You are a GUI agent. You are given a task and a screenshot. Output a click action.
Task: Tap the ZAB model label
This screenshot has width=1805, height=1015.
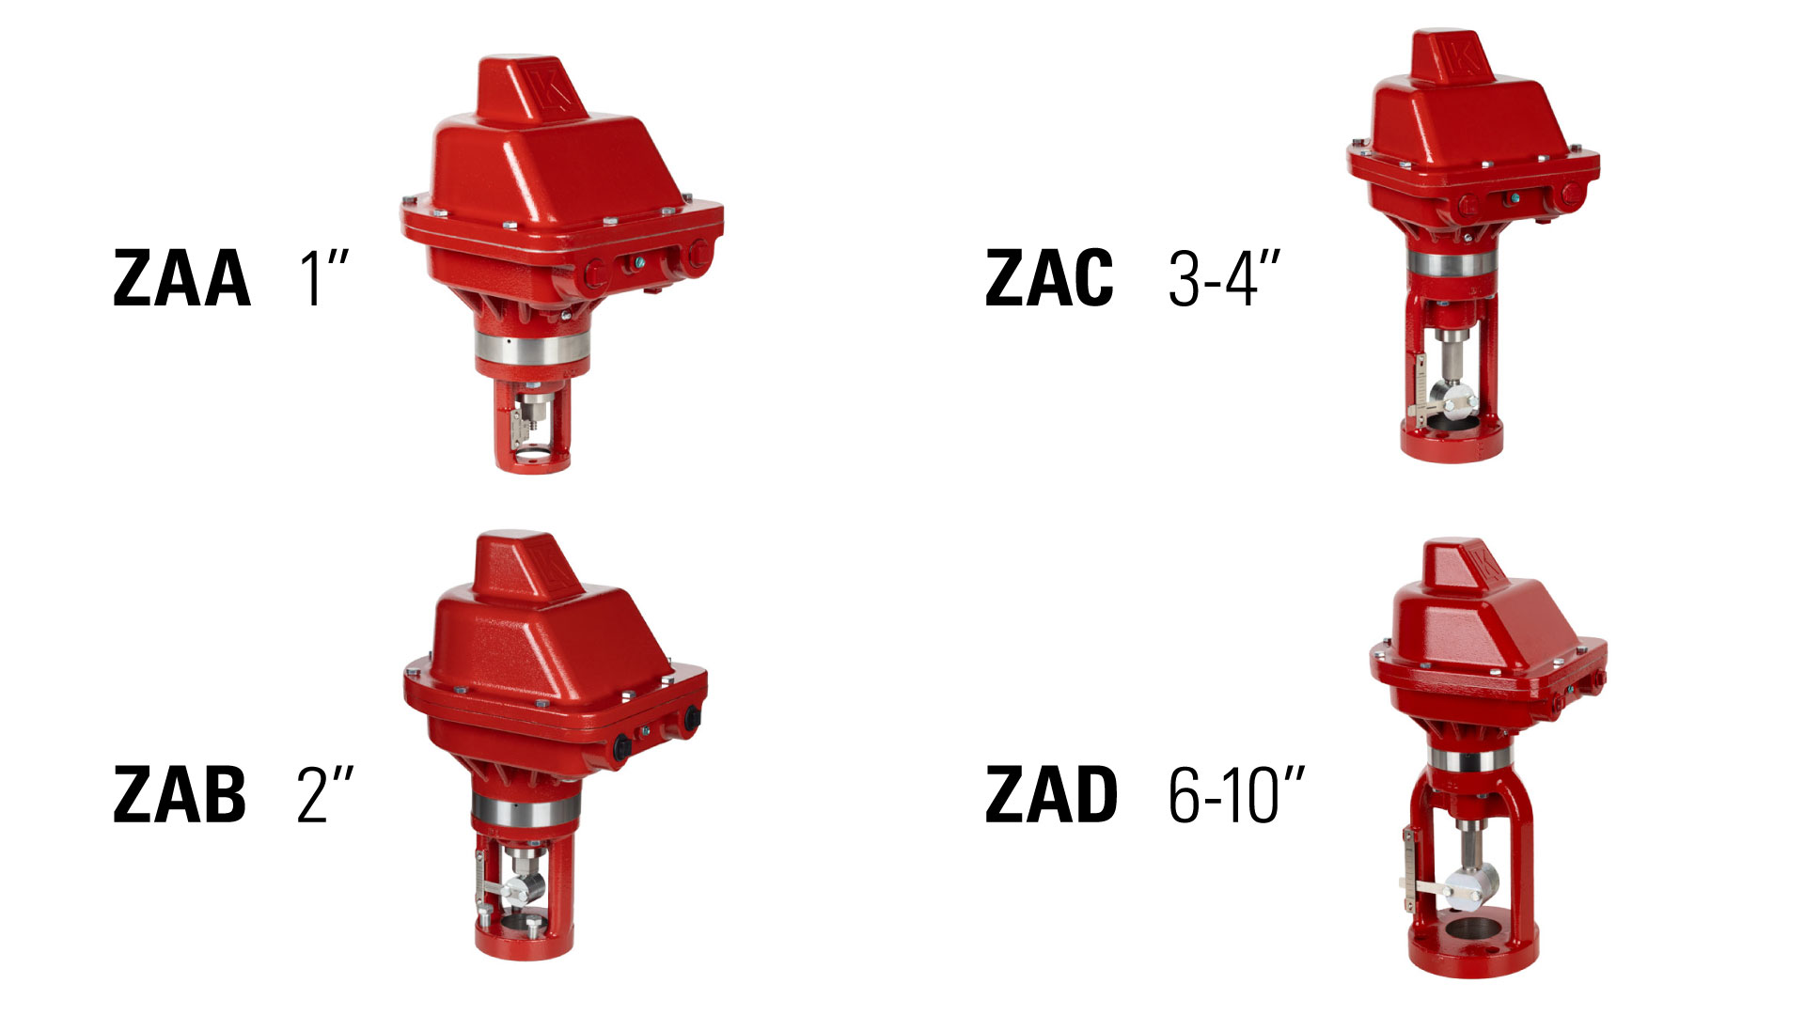tap(180, 794)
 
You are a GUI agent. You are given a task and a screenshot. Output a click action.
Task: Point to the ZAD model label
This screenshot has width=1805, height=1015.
tap(1051, 794)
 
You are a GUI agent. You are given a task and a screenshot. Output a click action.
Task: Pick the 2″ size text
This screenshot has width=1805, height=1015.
tap(325, 794)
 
